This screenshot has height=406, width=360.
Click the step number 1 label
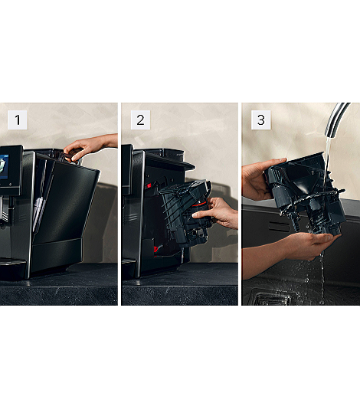[x=18, y=120]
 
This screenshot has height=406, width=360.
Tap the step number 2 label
[x=140, y=120]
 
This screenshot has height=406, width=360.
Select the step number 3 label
[x=261, y=120]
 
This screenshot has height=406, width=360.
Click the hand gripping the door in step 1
[x=88, y=147]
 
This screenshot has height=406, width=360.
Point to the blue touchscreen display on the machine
[x=4, y=167]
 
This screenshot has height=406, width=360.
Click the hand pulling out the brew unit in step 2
[x=220, y=212]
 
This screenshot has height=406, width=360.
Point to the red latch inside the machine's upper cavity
[x=149, y=185]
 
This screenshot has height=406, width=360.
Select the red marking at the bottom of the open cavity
[x=156, y=250]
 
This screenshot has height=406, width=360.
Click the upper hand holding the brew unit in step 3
[x=259, y=178]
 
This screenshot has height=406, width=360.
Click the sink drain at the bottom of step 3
[x=274, y=298]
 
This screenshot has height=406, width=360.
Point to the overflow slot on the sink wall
[x=279, y=226]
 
